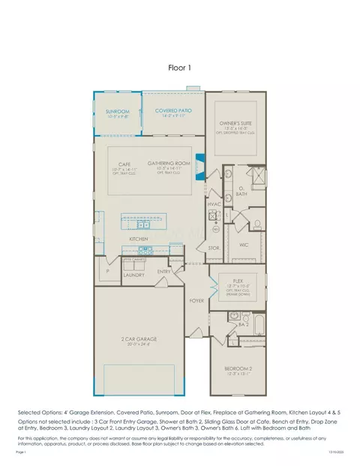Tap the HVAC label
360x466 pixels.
pos(213,203)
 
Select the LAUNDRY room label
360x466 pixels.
pos(133,275)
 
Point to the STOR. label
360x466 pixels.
pos(213,247)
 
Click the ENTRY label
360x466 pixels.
pos(164,271)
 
